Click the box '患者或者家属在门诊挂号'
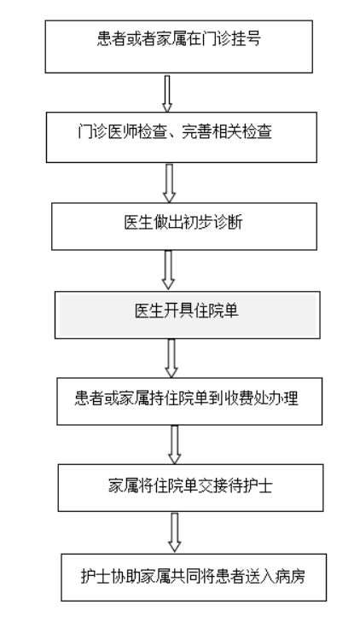[x=179, y=47]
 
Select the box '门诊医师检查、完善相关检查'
[x=182, y=137]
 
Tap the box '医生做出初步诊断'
[x=184, y=226]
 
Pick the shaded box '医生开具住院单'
[x=187, y=315]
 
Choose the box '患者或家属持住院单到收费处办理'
[x=189, y=401]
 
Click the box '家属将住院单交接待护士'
[x=191, y=487]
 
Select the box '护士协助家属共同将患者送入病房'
[x=194, y=577]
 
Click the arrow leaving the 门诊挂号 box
[x=167, y=93]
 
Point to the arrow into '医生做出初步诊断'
[x=169, y=183]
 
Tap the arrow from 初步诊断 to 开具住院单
[x=169, y=270]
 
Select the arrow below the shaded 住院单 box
[x=171, y=358]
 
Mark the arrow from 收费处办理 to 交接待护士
[x=174, y=445]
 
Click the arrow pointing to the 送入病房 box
[x=174, y=532]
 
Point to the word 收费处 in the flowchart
[x=247, y=398]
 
